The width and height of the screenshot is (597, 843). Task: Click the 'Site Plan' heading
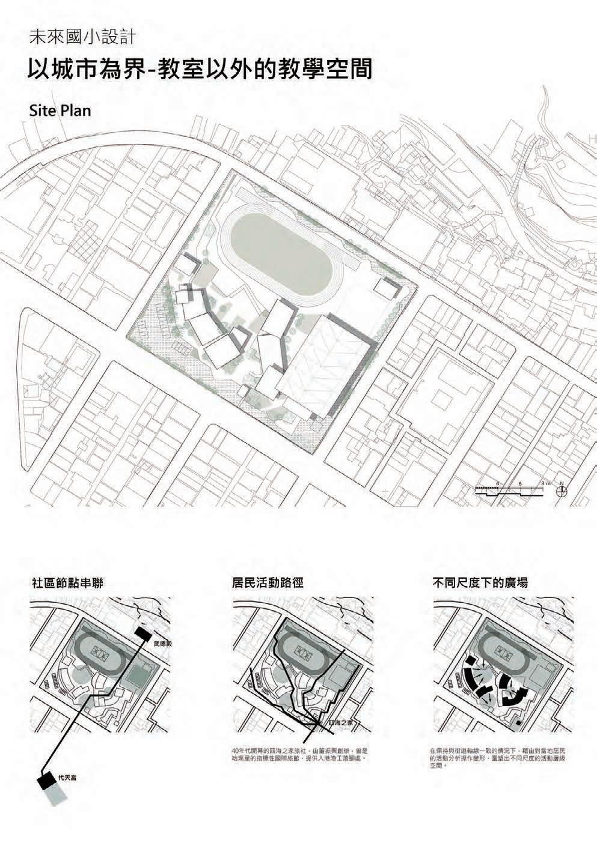coord(59,111)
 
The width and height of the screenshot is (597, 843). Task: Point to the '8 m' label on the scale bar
coord(545,483)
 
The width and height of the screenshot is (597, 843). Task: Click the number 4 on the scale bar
coord(498,483)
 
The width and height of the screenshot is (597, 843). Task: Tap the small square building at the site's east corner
coord(384,287)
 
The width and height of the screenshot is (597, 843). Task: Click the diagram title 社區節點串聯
coord(67,582)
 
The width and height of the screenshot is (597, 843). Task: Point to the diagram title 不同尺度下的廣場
coord(480,582)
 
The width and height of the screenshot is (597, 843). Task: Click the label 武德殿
coord(163,643)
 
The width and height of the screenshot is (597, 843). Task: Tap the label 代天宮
coord(67,778)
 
